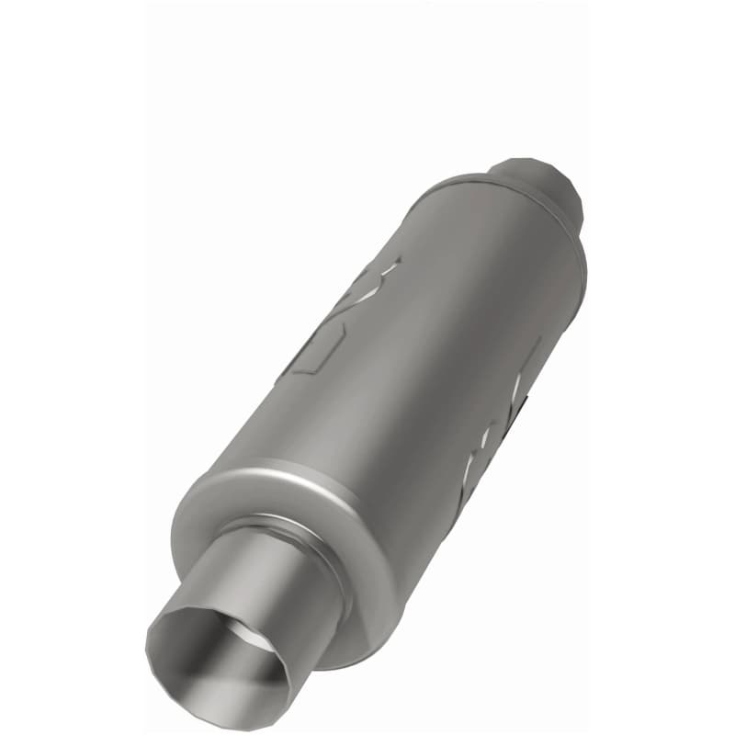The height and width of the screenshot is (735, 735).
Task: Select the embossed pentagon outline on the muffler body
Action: click(x=317, y=349)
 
